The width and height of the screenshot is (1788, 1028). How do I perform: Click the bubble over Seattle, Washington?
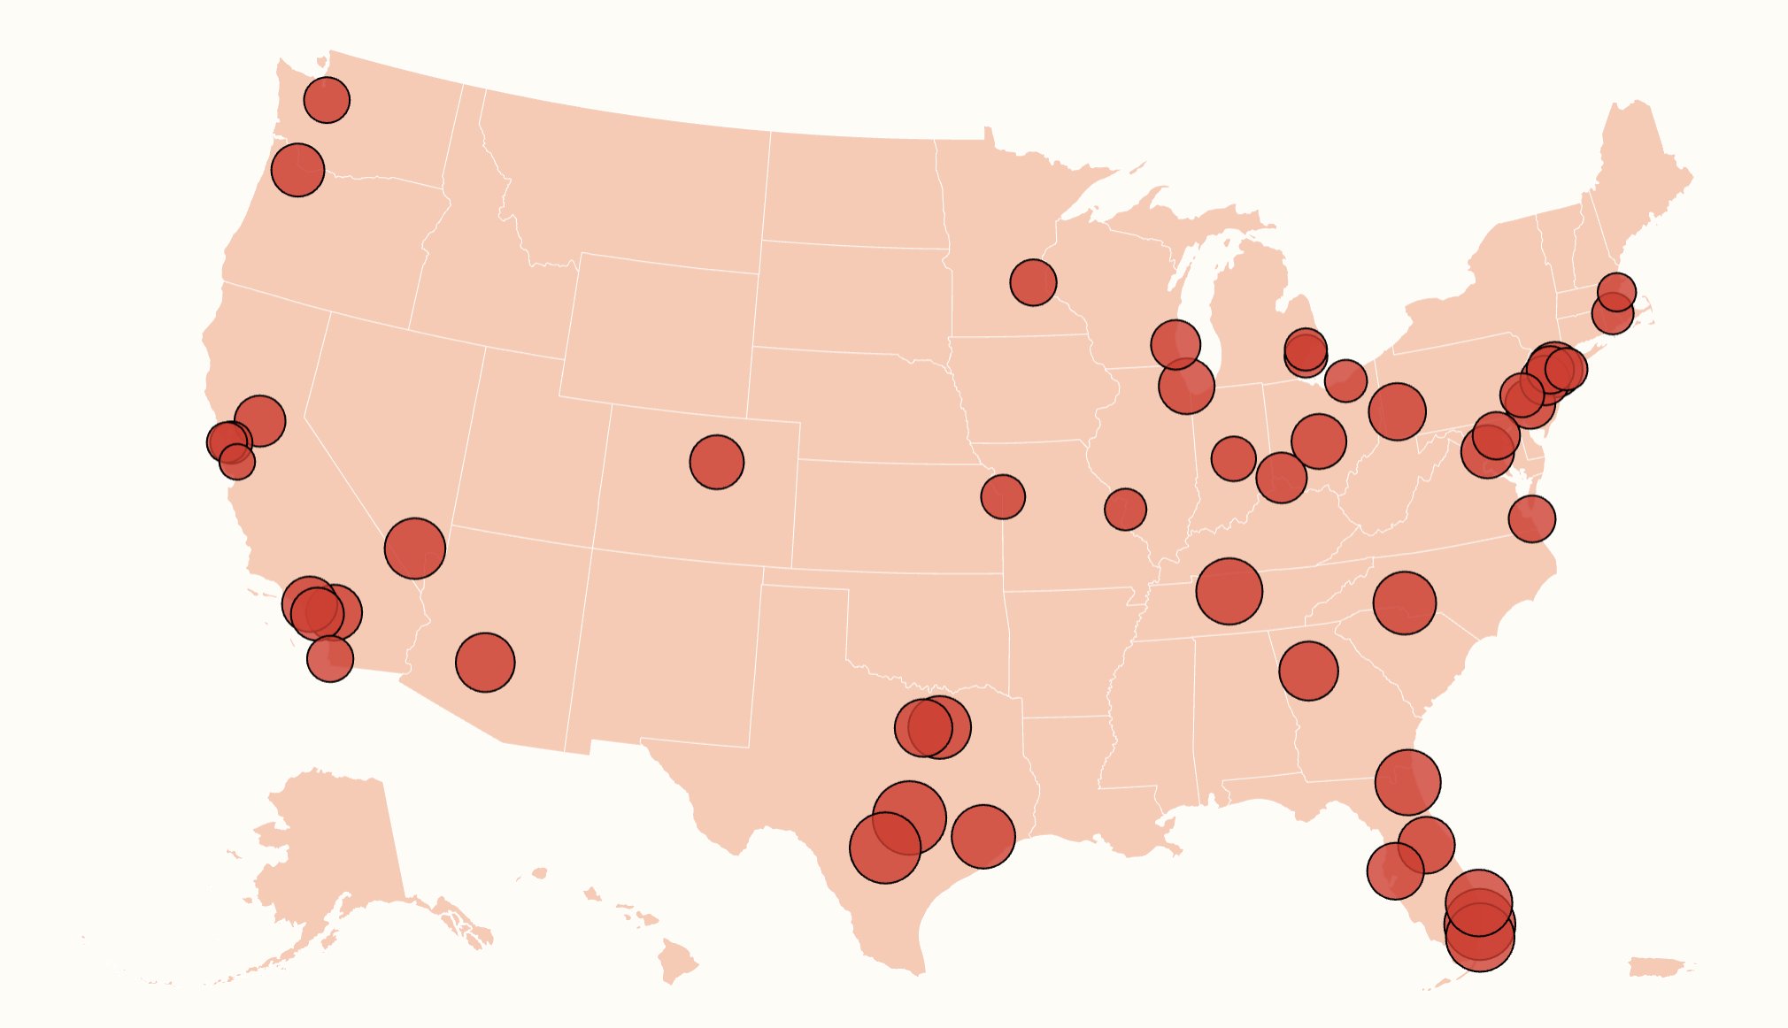pos(327,99)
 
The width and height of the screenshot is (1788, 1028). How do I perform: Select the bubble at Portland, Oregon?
pos(297,170)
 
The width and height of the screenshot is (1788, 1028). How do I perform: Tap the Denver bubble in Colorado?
pos(716,462)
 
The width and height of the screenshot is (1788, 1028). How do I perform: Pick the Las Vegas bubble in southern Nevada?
pos(414,549)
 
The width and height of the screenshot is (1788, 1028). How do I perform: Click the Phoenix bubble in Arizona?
pos(485,662)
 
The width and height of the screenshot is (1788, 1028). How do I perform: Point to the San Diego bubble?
pos(330,659)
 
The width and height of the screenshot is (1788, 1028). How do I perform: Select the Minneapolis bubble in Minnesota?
pos(1033,282)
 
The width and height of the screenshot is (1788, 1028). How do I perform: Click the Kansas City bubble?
pos(1003,496)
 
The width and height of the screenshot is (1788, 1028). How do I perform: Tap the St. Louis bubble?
pos(1125,509)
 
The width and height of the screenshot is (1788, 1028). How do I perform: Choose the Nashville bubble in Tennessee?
pos(1229,591)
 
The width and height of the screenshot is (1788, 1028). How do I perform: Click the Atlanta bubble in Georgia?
pos(1308,671)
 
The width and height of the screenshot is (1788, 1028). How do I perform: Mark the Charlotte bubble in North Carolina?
pos(1404,602)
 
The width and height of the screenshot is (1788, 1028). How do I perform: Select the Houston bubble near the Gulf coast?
pos(983,836)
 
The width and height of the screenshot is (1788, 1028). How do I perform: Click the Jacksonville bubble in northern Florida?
pos(1407,782)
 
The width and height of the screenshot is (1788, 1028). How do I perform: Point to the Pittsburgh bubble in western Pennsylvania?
pos(1397,411)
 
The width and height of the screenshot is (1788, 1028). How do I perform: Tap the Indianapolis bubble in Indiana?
pos(1233,458)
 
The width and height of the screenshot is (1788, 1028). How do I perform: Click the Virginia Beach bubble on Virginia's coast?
pos(1531,518)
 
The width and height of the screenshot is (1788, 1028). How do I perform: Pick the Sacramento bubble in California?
pos(259,420)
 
